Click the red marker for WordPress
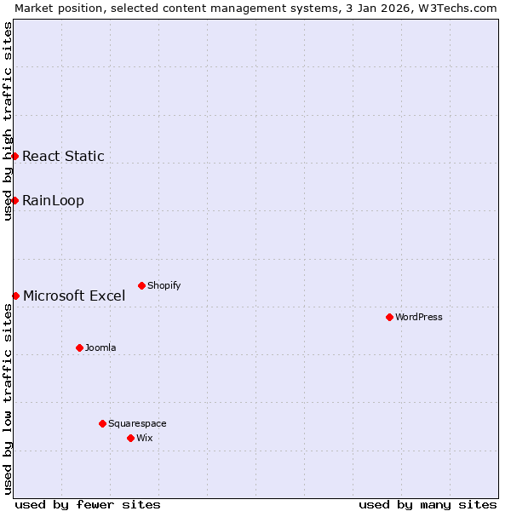pos(389,317)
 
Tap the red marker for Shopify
pos(141,285)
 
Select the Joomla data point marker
pos(79,347)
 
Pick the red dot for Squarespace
pos(102,423)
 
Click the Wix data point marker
pos(130,438)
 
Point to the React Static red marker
pos(14,156)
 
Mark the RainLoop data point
pos(14,200)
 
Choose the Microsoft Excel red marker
pos(15,296)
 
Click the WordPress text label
pos(419,317)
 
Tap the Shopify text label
pos(164,285)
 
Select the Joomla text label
pos(100,347)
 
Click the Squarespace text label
pos(137,423)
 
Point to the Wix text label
pos(145,438)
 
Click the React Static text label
pos(63,156)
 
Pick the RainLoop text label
pos(53,201)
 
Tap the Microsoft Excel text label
pos(74,296)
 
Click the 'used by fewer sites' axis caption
pos(88,504)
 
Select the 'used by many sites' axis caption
pos(428,504)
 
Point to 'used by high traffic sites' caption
pos(8,121)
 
